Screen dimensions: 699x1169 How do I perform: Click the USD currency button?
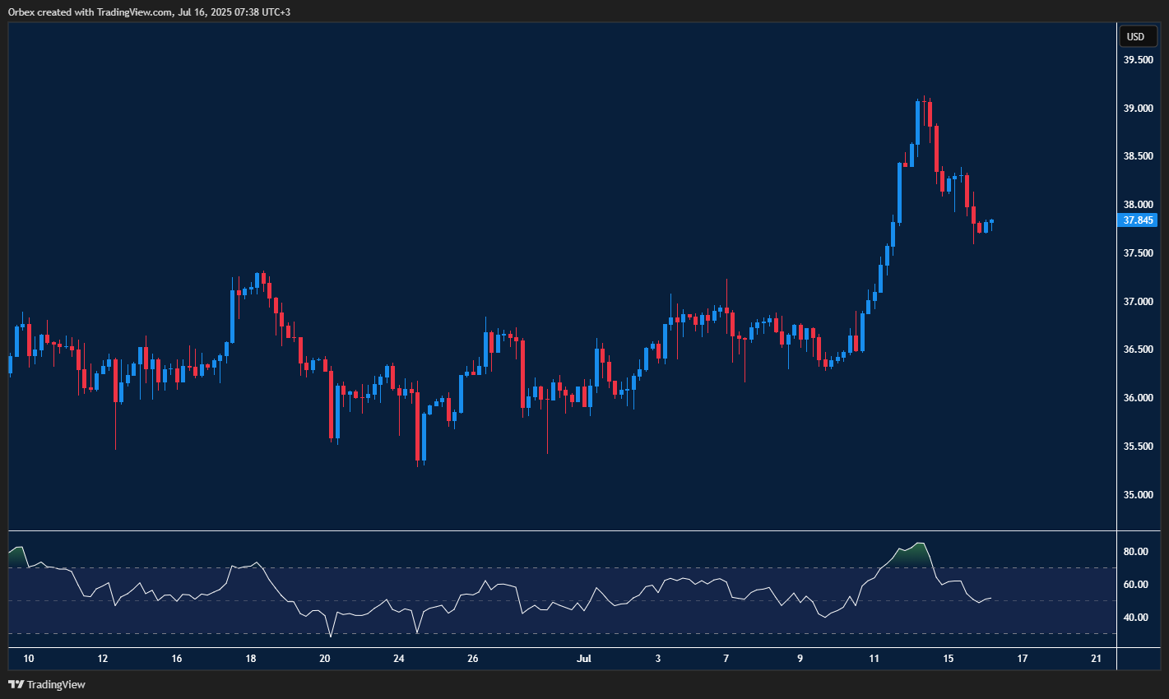pos(1135,36)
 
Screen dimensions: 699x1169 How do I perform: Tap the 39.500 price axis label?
pos(1139,60)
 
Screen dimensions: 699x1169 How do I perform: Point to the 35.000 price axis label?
pos(1139,495)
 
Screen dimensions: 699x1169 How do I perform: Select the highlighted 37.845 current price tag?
pos(1139,220)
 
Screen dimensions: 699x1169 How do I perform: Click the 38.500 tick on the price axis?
pos(1139,156)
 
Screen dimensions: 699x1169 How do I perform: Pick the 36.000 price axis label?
pos(1139,398)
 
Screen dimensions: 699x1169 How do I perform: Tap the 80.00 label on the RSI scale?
pos(1136,552)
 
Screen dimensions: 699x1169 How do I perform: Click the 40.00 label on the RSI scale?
pos(1136,618)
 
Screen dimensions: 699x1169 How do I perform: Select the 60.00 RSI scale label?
pos(1136,585)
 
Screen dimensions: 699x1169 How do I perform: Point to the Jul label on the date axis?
pos(584,659)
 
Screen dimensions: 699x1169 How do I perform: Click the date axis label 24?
pos(399,659)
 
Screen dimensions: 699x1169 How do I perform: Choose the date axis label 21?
pos(1096,659)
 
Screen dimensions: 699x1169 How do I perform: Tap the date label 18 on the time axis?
pos(251,659)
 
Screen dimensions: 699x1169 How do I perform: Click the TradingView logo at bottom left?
pos(47,684)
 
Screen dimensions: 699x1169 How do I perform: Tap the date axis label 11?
pos(874,659)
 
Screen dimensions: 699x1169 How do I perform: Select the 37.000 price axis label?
pos(1139,302)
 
